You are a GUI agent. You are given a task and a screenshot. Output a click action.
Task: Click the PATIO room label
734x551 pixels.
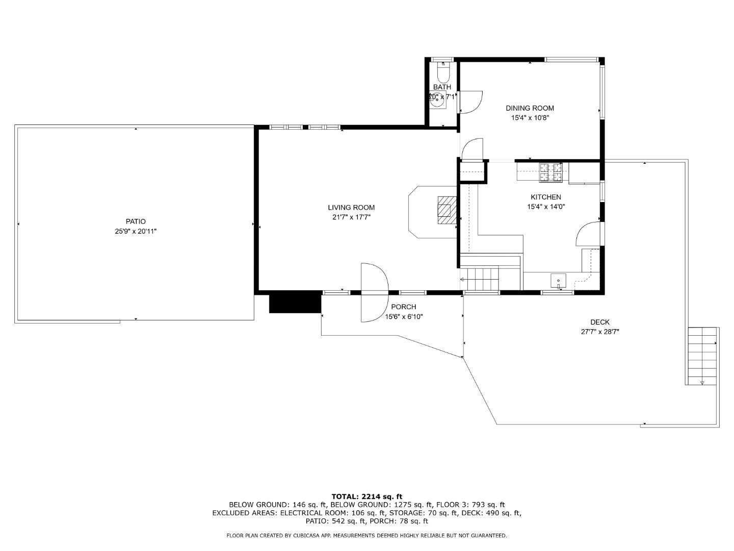pyautogui.click(x=136, y=221)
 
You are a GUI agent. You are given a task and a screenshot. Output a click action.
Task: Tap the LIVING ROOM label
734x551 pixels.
pyautogui.click(x=351, y=208)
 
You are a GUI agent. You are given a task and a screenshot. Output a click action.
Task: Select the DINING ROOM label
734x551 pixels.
pyautogui.click(x=530, y=108)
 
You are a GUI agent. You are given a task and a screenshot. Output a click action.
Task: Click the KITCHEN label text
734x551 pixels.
pyautogui.click(x=546, y=197)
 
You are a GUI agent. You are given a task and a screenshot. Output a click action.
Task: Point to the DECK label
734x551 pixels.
pyautogui.click(x=600, y=322)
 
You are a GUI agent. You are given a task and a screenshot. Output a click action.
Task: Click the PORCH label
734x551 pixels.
pyautogui.click(x=404, y=307)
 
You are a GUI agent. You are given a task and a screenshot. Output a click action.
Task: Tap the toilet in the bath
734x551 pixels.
pyautogui.click(x=443, y=73)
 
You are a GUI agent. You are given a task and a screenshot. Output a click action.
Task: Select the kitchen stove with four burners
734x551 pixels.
pyautogui.click(x=551, y=172)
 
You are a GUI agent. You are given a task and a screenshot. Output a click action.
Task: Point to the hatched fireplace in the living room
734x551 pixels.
pyautogui.click(x=447, y=210)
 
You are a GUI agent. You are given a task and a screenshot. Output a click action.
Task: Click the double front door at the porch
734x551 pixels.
pyautogui.click(x=374, y=292)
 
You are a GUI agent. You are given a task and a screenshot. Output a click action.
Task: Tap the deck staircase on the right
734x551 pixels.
pyautogui.click(x=702, y=356)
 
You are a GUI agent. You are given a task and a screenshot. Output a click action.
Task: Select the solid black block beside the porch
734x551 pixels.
pyautogui.click(x=295, y=302)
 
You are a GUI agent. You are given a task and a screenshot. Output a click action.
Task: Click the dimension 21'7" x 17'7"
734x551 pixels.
pyautogui.click(x=351, y=217)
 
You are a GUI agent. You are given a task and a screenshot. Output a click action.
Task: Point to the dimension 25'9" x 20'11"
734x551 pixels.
pyautogui.click(x=136, y=231)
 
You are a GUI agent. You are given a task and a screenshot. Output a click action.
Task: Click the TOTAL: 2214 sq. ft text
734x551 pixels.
pyautogui.click(x=366, y=496)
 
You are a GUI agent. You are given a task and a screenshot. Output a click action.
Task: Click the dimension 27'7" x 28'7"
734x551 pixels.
pyautogui.click(x=600, y=332)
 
